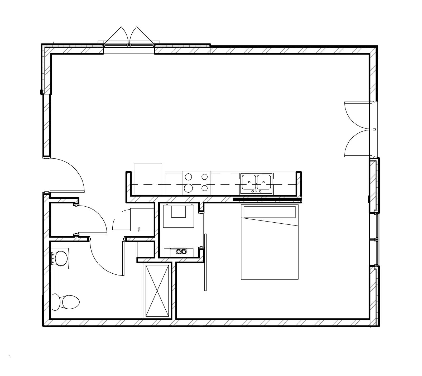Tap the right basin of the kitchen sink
[264, 182]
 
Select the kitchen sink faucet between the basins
[256, 187]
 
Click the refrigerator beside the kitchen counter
[148, 179]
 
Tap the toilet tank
[55, 302]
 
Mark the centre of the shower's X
[157, 291]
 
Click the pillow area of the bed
[270, 212]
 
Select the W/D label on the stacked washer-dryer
[139, 229]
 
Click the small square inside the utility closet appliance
[179, 212]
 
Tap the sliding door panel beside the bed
[205, 262]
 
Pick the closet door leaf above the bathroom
[92, 233]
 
